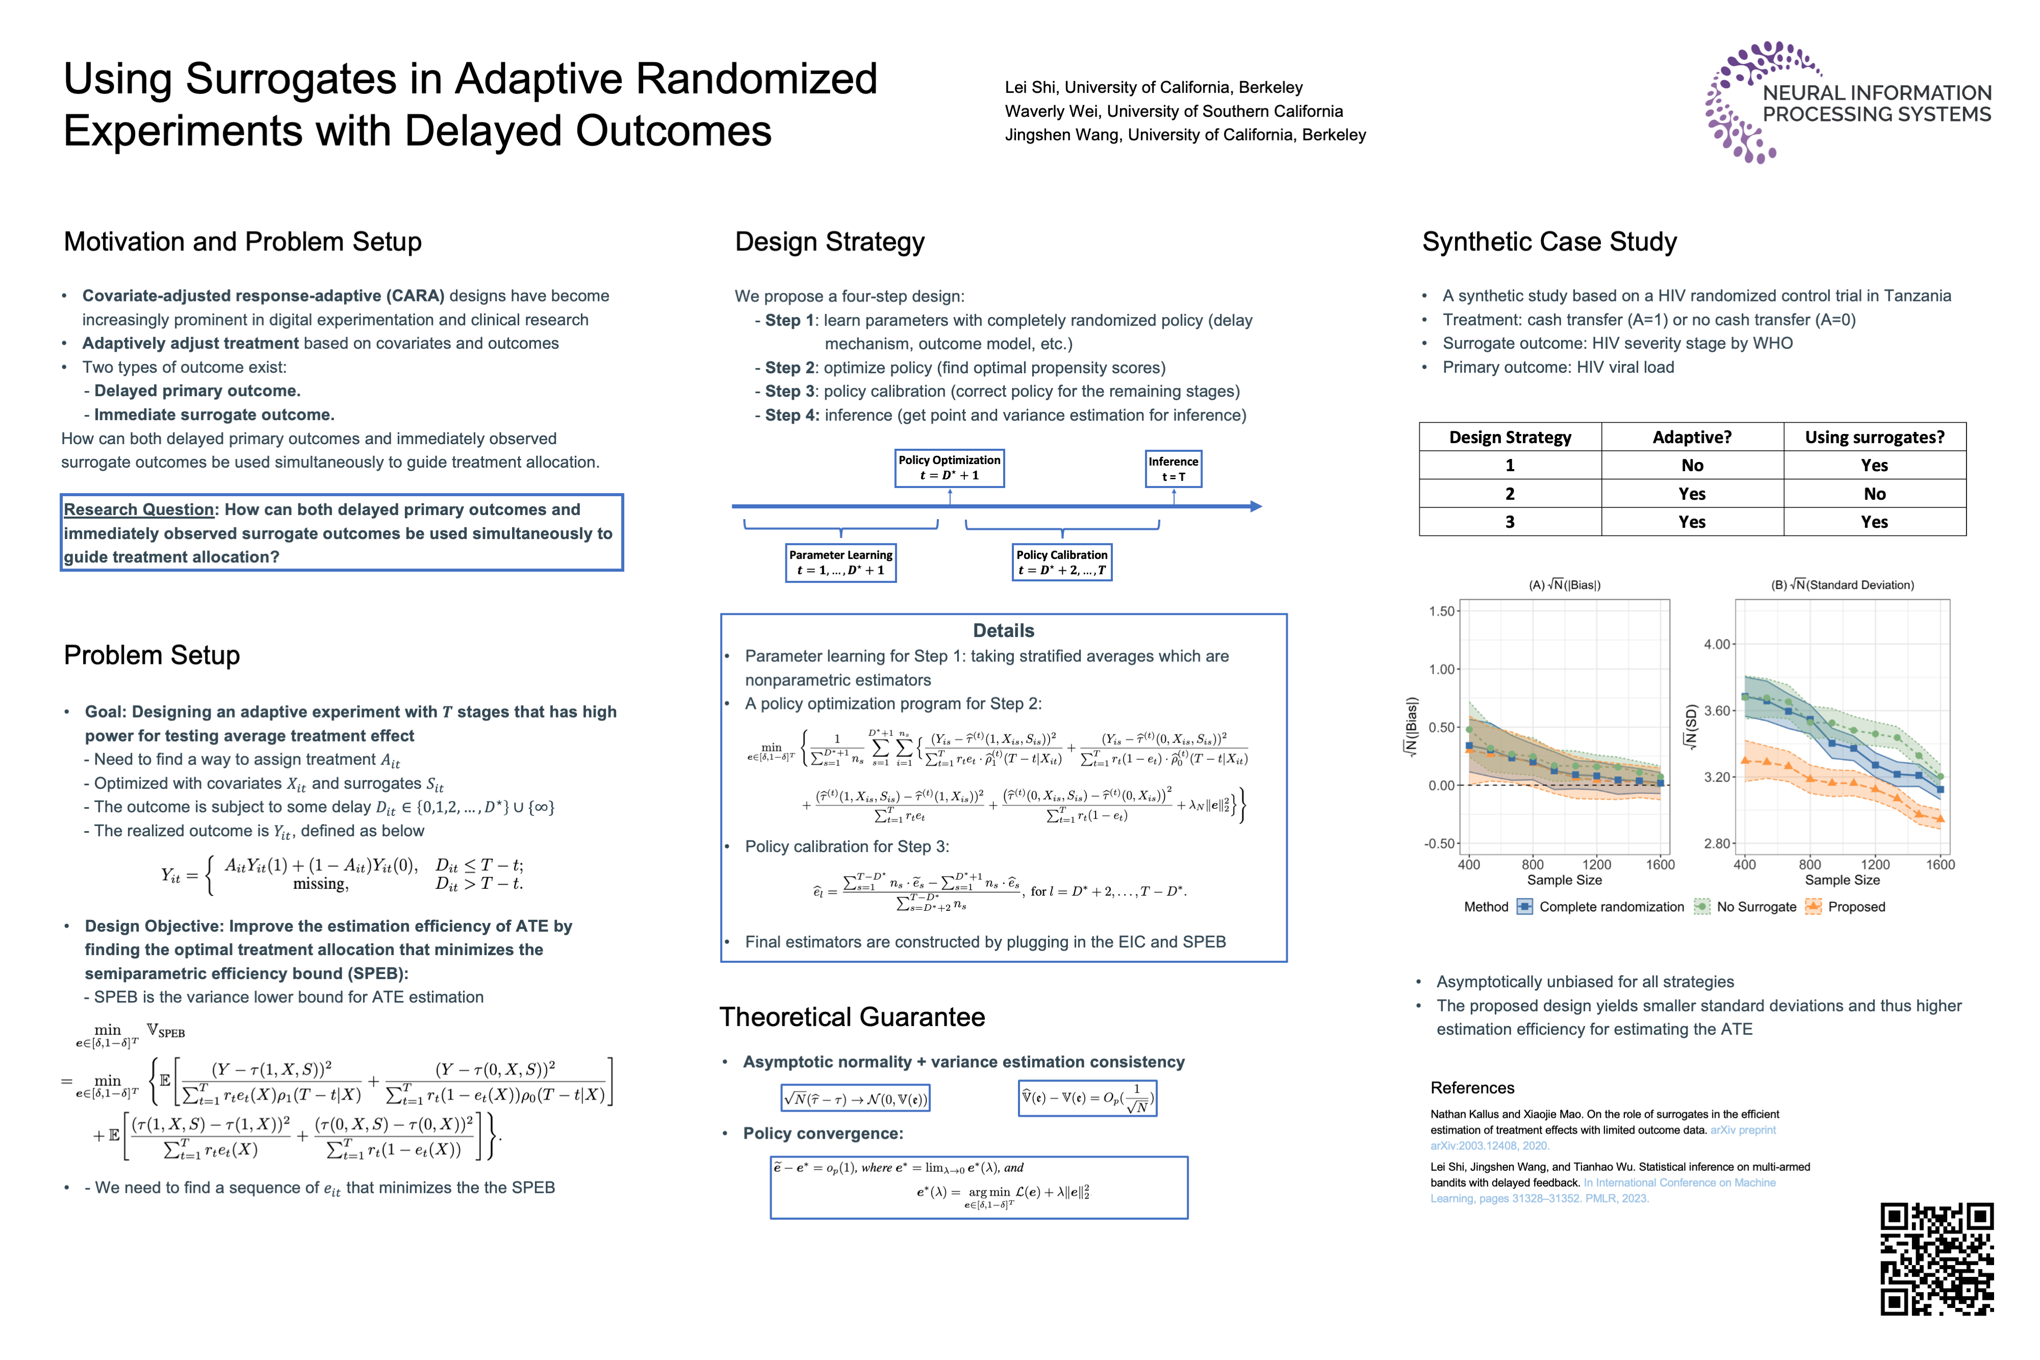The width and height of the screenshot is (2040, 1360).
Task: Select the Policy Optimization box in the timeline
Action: pos(949,468)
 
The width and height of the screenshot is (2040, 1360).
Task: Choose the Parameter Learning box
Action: pos(840,562)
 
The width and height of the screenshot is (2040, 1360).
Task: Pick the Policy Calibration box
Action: pos(1062,562)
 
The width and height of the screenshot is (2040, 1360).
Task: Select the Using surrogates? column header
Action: pos(1874,437)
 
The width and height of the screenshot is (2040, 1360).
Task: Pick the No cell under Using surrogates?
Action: pos(1874,494)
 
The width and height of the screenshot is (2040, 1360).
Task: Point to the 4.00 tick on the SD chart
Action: pos(1717,645)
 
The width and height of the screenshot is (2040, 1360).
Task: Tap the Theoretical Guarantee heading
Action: pos(852,1016)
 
